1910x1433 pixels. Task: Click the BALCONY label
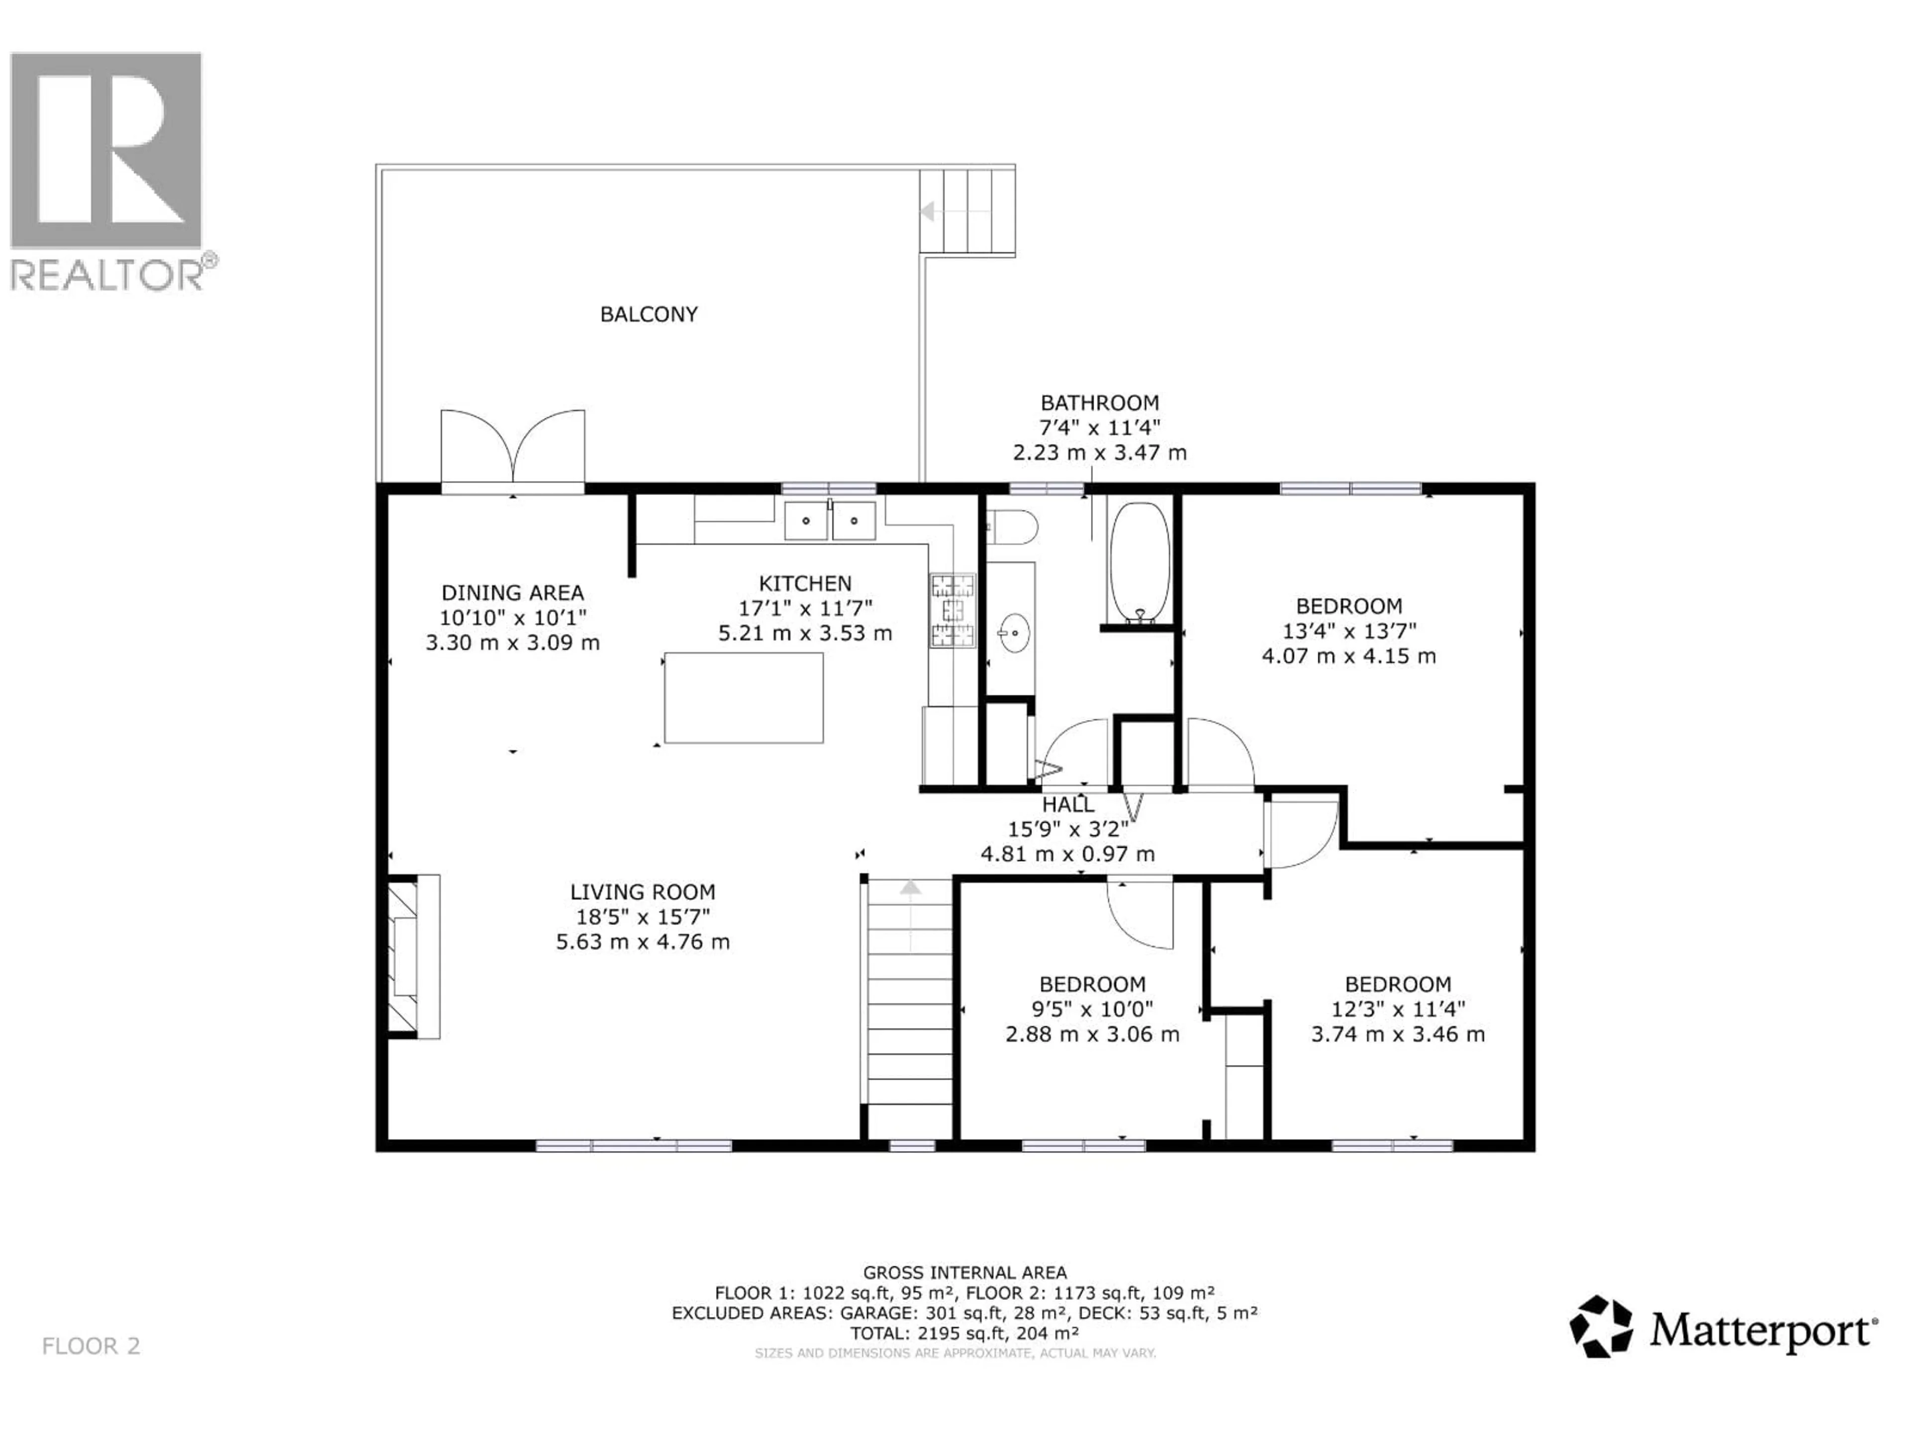tap(649, 314)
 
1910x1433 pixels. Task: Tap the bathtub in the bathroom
tap(1139, 561)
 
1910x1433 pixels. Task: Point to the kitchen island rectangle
tap(744, 698)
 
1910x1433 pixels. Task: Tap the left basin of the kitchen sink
tap(806, 521)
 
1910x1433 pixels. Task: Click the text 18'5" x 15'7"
tap(643, 917)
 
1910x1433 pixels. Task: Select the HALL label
tap(1067, 804)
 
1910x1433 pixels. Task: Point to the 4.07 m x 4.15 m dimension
tap(1349, 656)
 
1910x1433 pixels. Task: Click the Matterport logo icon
tap(1600, 1327)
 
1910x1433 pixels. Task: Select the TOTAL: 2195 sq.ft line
tap(964, 1333)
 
